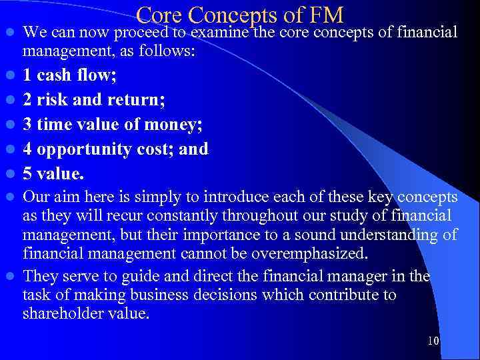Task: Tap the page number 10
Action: coord(433,341)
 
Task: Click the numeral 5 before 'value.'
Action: coord(27,173)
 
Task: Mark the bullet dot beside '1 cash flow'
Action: coord(8,75)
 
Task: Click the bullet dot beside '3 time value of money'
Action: coord(8,125)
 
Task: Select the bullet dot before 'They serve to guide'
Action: coord(8,277)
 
